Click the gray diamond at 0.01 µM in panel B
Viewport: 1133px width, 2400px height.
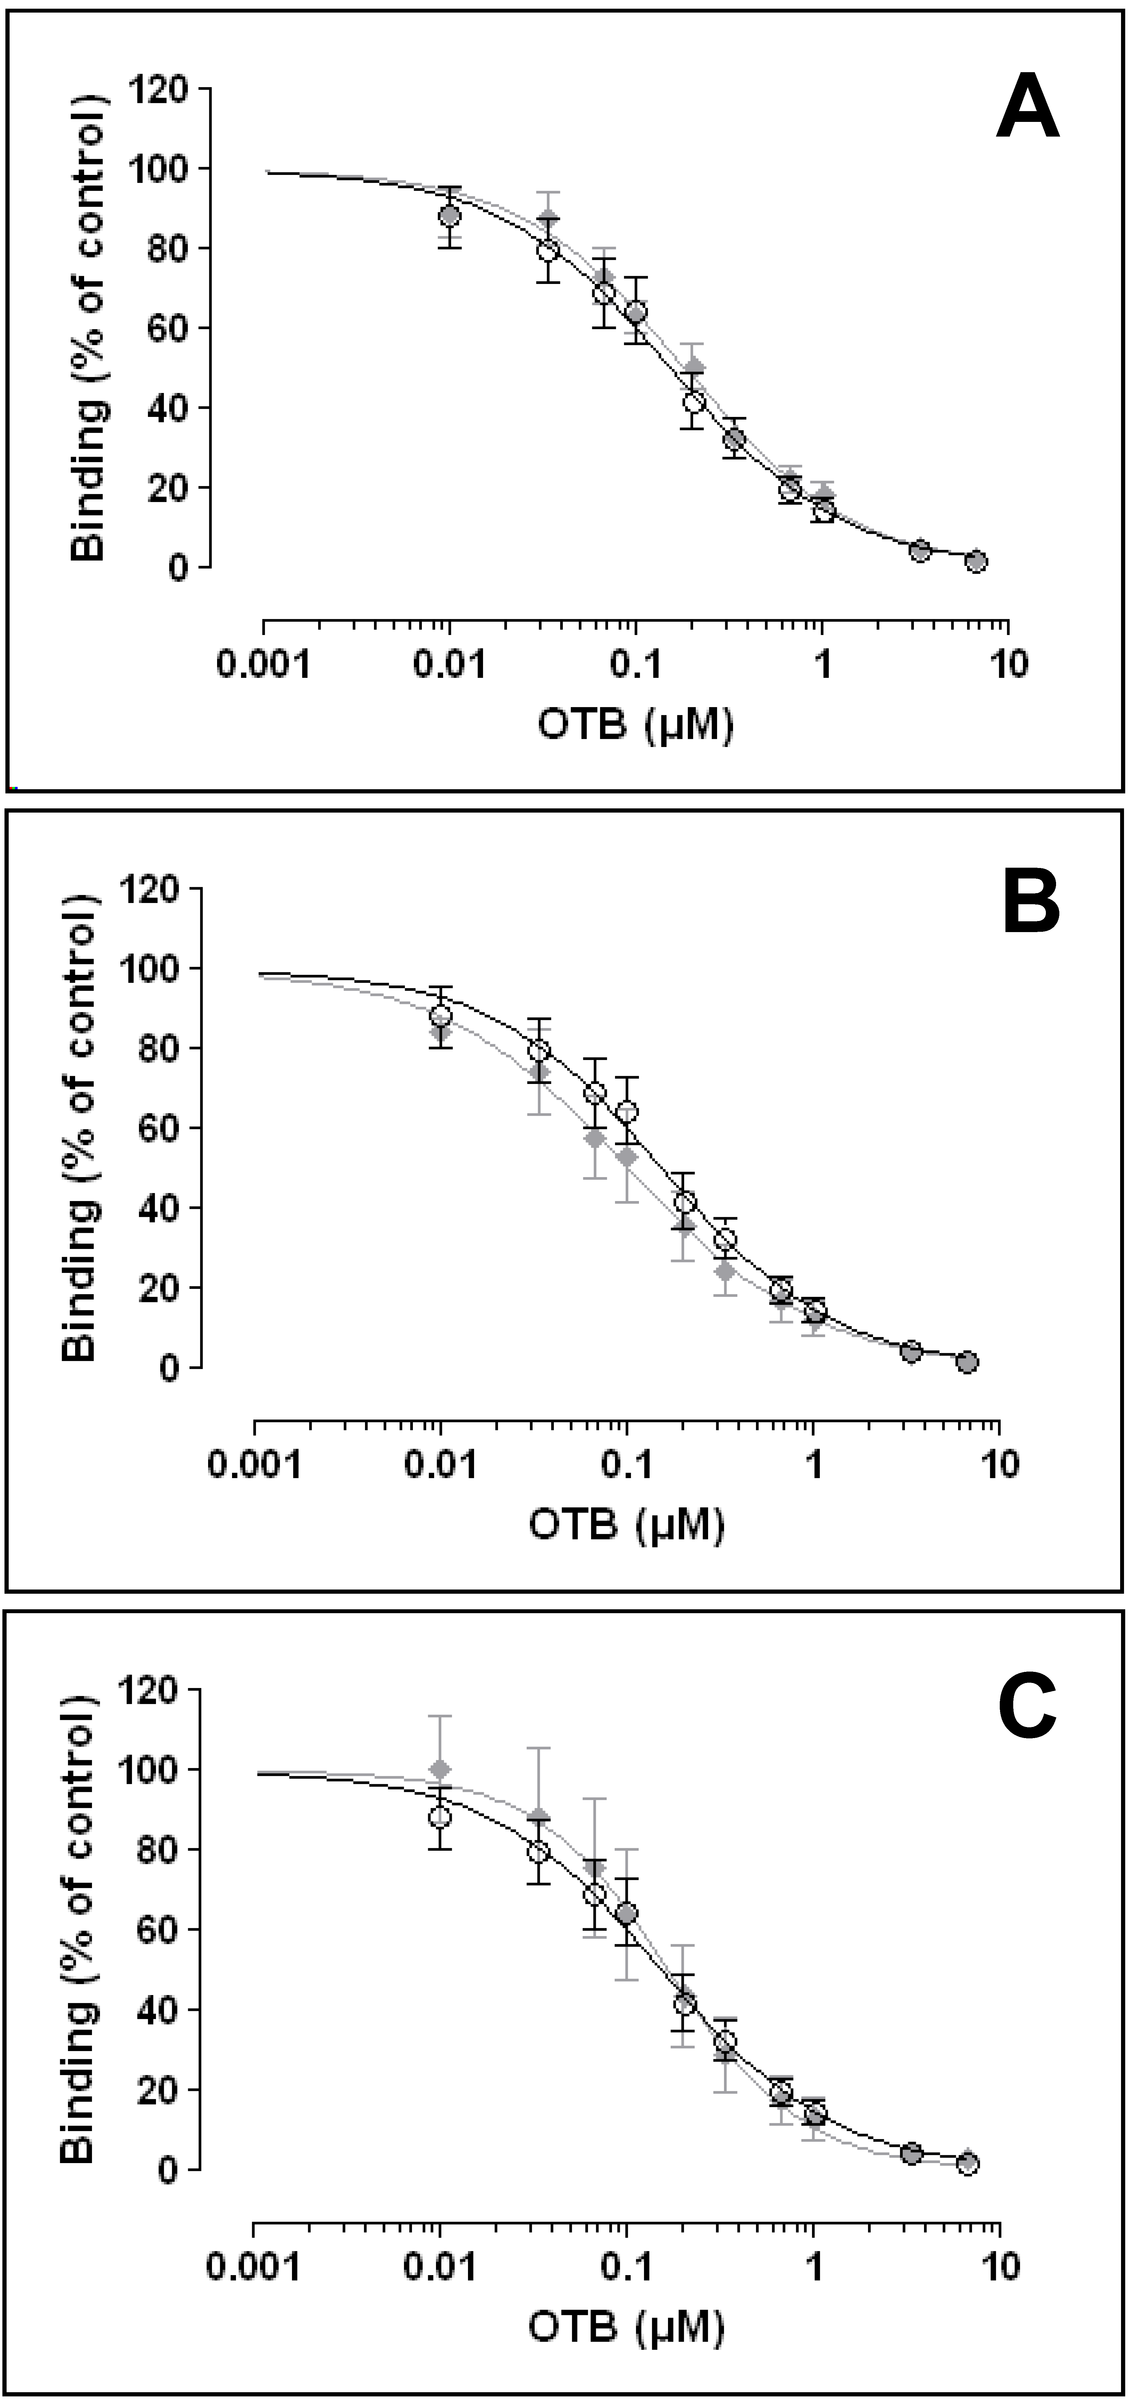[441, 1032]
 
